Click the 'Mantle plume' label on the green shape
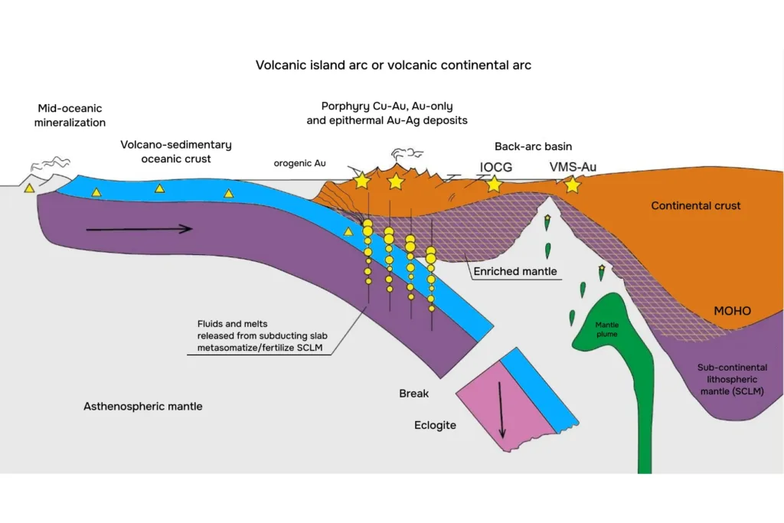[606, 329]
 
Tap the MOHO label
[732, 311]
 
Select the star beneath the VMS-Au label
[573, 185]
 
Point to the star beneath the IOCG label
[494, 184]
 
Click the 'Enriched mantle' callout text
[515, 272]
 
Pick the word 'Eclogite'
[435, 426]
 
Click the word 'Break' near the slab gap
[413, 394]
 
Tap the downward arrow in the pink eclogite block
[501, 410]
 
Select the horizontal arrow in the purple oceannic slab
[139, 229]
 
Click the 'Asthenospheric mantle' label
[143, 406]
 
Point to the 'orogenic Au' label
[299, 163]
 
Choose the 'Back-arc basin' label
[533, 146]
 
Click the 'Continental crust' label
[695, 205]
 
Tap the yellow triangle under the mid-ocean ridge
[30, 188]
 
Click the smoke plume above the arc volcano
[407, 153]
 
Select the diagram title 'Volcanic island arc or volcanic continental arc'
[394, 65]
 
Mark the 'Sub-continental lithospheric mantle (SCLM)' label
[732, 379]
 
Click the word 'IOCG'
[496, 167]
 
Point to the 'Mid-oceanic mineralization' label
[70, 116]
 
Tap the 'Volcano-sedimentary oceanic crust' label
[176, 152]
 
